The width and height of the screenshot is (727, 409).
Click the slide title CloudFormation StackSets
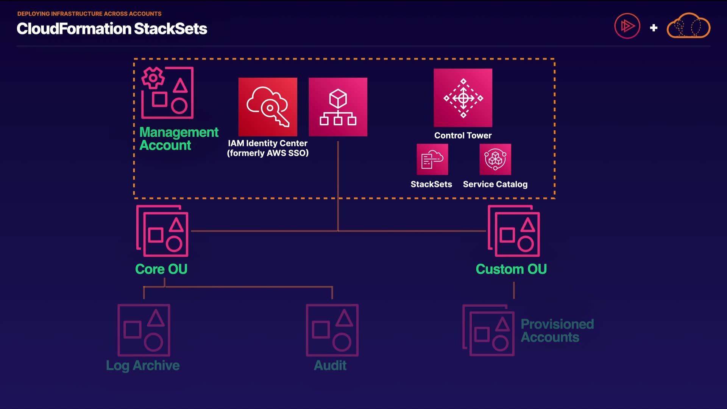point(112,29)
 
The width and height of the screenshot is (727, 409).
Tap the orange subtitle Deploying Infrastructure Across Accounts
point(89,14)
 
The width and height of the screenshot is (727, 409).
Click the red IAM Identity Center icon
point(268,107)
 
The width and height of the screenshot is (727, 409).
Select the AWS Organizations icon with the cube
point(338,107)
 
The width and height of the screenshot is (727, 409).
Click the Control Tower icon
point(463,98)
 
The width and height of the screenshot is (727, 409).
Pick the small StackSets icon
point(432,159)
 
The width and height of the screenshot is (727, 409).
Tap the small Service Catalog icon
point(495,159)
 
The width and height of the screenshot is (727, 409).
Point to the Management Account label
point(179,139)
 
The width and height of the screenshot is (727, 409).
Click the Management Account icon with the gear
point(167,92)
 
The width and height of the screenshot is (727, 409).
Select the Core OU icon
point(162,231)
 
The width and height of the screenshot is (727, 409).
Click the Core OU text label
point(161,269)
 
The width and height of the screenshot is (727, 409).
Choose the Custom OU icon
point(514,231)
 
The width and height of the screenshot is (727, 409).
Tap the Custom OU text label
point(511,269)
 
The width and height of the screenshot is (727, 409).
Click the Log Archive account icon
point(144,330)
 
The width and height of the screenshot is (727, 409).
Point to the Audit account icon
point(332,330)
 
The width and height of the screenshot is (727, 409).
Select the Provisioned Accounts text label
point(557,331)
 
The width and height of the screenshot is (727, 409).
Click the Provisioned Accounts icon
point(488,330)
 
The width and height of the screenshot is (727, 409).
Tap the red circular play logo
point(627,26)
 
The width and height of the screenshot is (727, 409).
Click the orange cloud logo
point(688,25)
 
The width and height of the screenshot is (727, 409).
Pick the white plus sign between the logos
point(654,28)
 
